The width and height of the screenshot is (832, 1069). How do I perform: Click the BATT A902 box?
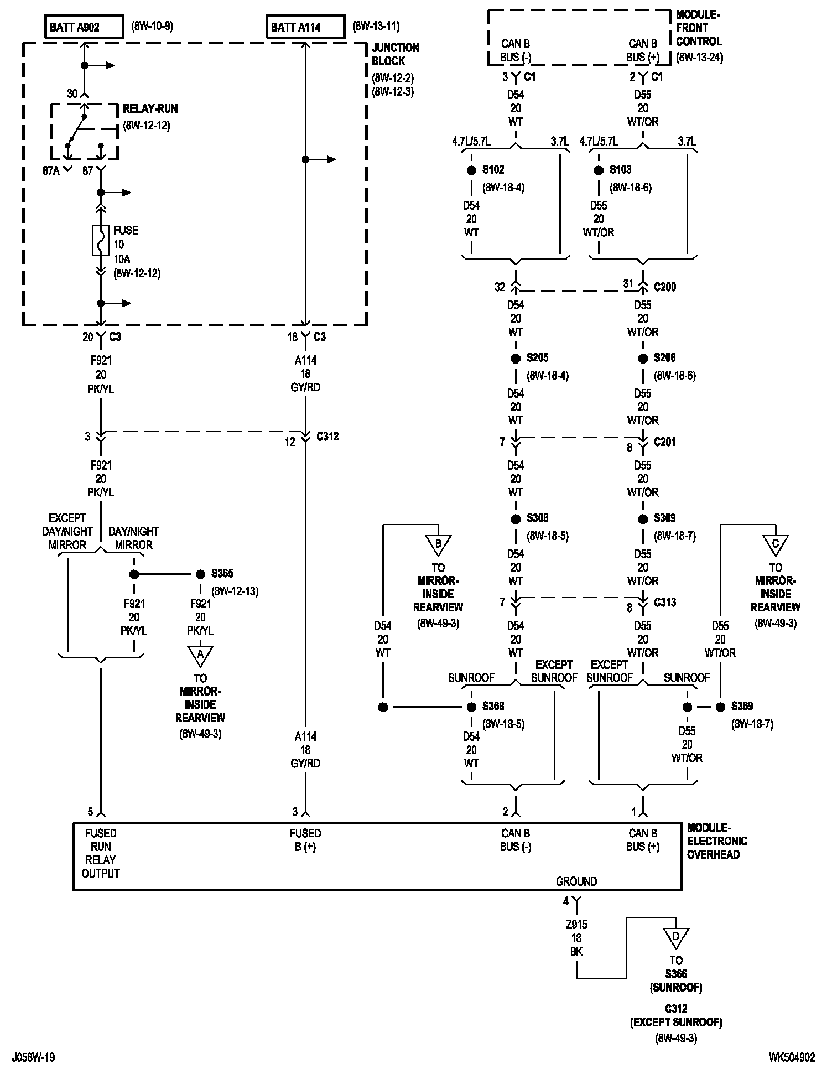[84, 27]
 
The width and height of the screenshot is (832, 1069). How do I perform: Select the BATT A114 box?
[305, 27]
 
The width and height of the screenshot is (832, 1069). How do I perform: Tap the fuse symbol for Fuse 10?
[101, 240]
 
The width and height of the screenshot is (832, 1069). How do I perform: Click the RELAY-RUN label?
[150, 109]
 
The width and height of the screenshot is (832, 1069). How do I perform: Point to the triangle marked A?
[200, 655]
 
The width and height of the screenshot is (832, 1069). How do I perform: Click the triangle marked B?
[438, 544]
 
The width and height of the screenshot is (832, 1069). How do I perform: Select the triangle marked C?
[776, 544]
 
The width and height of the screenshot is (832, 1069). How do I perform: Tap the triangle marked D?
[676, 937]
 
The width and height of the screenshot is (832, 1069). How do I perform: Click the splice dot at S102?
[471, 170]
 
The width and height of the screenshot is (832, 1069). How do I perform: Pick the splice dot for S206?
[643, 359]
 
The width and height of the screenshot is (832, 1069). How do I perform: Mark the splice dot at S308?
[516, 519]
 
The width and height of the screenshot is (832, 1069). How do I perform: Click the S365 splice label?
[222, 574]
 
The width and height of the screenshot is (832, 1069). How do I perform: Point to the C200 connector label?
[665, 287]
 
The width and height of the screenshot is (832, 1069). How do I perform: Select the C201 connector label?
[664, 442]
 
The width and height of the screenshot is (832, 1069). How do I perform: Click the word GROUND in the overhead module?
[576, 881]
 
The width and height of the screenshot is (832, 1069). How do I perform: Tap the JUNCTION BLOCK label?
[395, 54]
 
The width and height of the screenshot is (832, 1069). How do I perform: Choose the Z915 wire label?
[576, 925]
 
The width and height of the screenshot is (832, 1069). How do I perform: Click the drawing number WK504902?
[792, 1057]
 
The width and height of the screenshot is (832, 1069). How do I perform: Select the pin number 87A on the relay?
[51, 171]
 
